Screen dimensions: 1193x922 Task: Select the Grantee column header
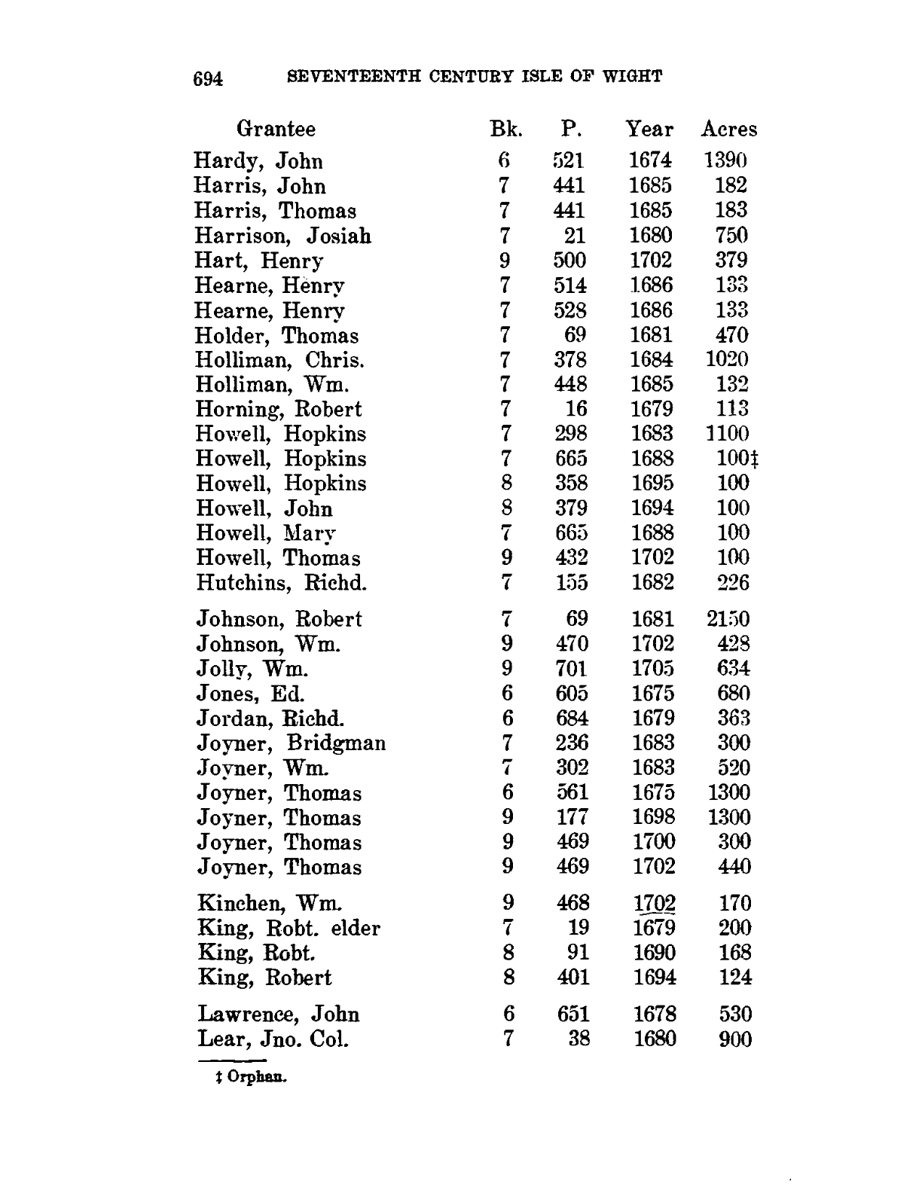(276, 129)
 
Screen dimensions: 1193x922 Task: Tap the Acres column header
(728, 130)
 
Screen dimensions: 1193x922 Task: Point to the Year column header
(649, 130)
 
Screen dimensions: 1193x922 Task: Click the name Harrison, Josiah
(282, 236)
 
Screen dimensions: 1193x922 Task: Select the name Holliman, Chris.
(280, 360)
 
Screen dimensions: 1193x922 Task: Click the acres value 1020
(727, 359)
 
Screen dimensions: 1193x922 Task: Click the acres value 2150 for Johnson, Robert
(728, 619)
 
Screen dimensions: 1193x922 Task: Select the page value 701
(572, 668)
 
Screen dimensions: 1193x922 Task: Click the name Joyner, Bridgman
(291, 743)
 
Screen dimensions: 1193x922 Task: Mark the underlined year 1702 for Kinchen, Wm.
(654, 902)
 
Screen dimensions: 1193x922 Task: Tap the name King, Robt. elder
(289, 928)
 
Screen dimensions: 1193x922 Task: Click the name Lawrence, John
(278, 1015)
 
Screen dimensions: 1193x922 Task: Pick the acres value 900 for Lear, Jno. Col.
(734, 1039)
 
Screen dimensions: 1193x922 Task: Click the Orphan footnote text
(252, 1077)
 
